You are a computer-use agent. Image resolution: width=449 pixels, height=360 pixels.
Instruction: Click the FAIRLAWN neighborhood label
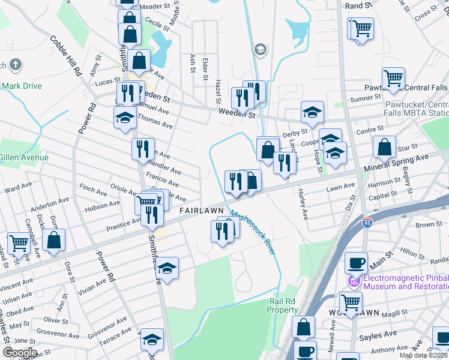(x=202, y=211)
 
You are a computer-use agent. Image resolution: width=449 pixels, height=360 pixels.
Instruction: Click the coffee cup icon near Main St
(x=356, y=262)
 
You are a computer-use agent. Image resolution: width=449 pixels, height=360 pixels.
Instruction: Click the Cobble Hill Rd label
(x=66, y=56)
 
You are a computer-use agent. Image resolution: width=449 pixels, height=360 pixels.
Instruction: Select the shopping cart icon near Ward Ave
(x=19, y=244)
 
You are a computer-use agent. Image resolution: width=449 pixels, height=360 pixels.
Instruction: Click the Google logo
(x=19, y=353)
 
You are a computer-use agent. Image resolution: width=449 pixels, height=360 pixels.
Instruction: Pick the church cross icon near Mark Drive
(x=15, y=64)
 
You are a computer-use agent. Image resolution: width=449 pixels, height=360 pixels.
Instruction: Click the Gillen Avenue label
(x=24, y=157)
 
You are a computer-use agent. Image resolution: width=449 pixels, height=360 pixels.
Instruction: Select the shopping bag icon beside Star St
(x=384, y=146)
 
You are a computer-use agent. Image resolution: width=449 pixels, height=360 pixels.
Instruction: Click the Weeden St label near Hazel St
(x=237, y=113)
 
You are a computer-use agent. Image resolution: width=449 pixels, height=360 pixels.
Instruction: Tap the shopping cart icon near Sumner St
(x=393, y=77)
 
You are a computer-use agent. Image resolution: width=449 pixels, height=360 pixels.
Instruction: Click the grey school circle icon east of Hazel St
(x=260, y=49)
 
